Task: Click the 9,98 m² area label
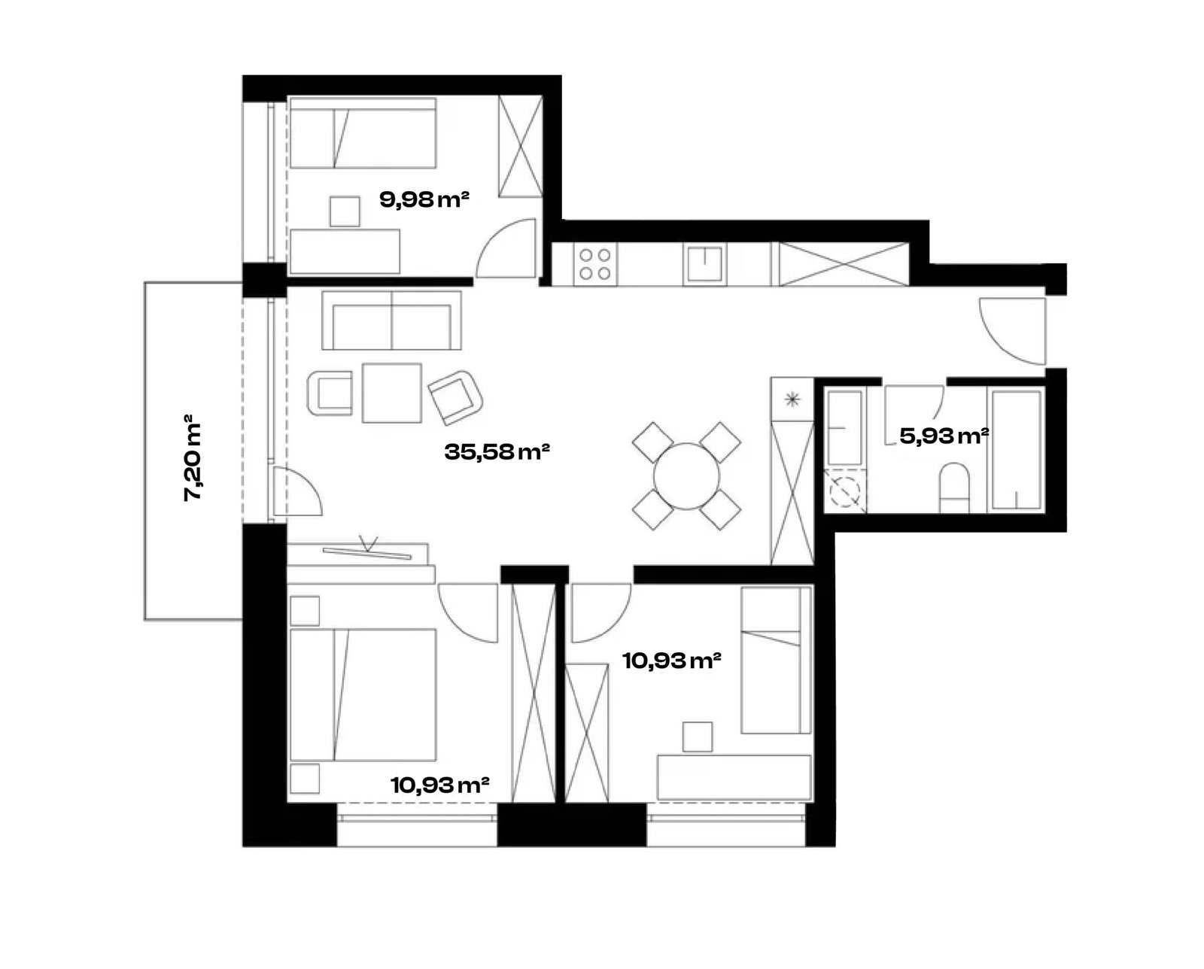tap(424, 199)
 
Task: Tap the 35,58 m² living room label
tap(497, 451)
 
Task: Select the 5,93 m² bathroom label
tap(944, 436)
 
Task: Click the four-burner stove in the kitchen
tap(594, 264)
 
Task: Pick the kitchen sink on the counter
tap(704, 264)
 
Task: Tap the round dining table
tap(686, 476)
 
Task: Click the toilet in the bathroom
tap(954, 488)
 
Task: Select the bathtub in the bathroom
tap(1016, 451)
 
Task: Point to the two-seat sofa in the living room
tap(391, 320)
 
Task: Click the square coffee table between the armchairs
tap(391, 393)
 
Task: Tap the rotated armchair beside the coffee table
tap(455, 397)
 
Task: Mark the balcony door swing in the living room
tap(298, 491)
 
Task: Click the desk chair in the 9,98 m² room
tap(345, 211)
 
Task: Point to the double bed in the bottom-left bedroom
tap(363, 694)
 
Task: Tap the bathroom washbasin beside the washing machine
tap(845, 427)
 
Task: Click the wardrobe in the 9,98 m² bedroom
tap(520, 147)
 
